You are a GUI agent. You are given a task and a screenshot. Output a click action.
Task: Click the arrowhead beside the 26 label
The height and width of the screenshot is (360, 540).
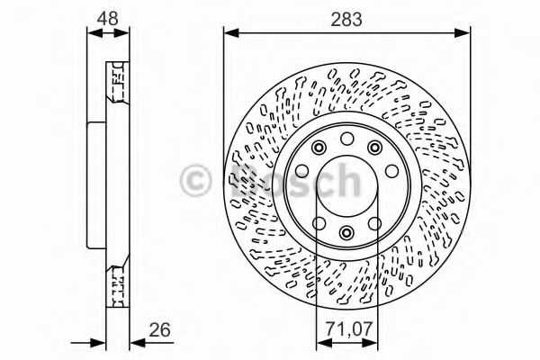pos(137,341)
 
